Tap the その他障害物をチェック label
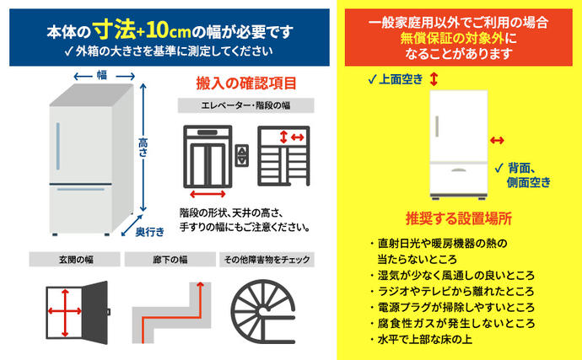(x=261, y=260)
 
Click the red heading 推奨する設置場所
(x=459, y=217)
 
